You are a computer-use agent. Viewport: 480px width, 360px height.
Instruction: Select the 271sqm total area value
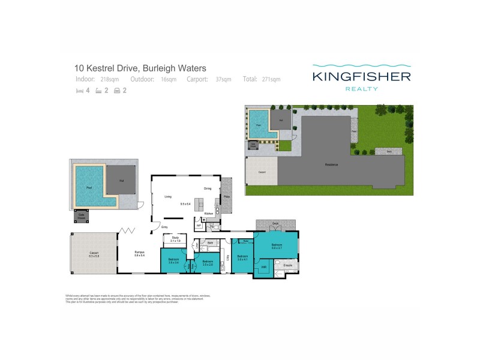pos(271,79)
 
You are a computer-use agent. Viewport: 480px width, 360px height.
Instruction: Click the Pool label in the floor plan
pos(89,187)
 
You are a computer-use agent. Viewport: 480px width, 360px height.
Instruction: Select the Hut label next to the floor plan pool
pos(122,179)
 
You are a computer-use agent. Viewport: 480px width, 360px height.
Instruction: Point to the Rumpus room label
pos(139,252)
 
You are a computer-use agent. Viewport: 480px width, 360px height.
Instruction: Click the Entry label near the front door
pos(164,227)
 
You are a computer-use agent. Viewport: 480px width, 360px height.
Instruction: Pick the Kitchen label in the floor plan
pos(209,213)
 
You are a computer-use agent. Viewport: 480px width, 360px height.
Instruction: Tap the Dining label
pos(207,188)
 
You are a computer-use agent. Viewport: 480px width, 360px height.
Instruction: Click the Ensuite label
pos(287,265)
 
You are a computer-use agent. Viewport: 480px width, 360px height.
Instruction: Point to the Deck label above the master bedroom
pos(275,224)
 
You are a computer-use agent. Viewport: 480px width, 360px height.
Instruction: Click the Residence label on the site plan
pos(331,164)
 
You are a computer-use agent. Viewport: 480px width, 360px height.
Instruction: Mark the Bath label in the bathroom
pos(203,242)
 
